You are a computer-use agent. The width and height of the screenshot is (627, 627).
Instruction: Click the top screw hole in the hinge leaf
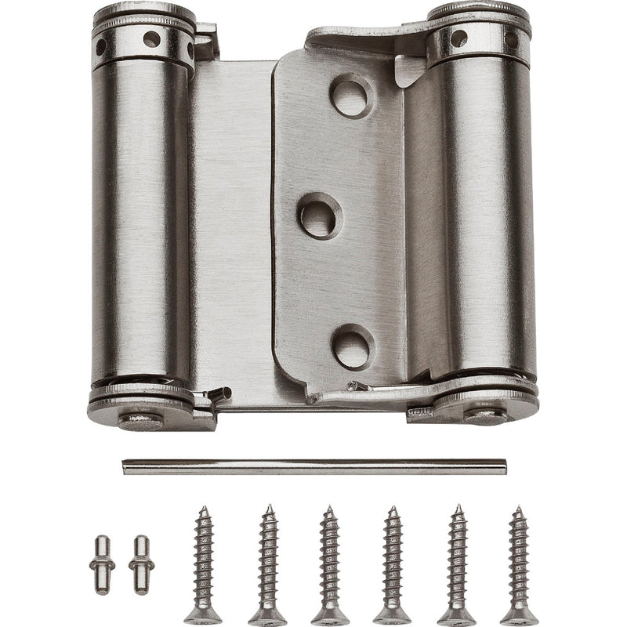350,96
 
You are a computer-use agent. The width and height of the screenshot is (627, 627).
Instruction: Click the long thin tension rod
313,467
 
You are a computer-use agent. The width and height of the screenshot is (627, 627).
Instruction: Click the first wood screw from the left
204,564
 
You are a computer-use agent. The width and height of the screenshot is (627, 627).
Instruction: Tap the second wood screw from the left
266,564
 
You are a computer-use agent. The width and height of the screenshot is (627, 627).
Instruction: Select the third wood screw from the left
329,564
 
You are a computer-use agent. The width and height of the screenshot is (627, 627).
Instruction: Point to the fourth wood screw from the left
393,564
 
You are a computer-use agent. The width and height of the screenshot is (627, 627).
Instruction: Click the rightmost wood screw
518,564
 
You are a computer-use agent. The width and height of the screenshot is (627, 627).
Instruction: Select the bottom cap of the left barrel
141,404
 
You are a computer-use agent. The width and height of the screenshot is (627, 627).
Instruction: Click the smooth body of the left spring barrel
141,219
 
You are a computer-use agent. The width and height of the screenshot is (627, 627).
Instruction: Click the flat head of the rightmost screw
519,616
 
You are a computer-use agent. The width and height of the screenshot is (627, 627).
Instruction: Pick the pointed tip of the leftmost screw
203,510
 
